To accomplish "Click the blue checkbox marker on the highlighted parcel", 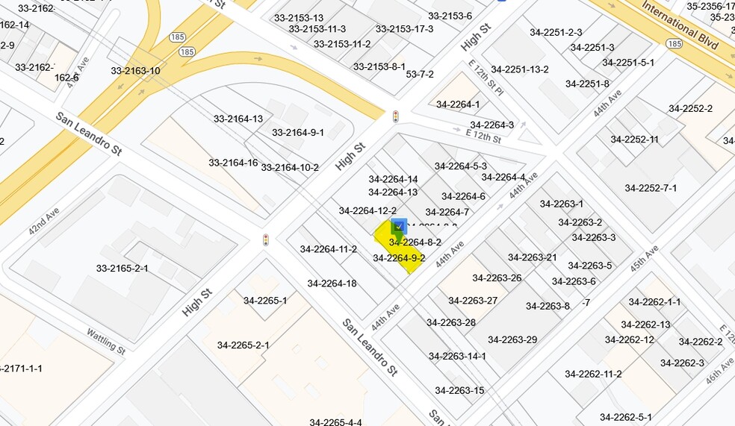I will point(399,226).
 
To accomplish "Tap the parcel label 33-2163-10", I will point(135,72).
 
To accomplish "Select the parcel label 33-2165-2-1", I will point(122,269).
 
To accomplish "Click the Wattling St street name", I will point(105,341).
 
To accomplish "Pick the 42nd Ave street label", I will point(43,222).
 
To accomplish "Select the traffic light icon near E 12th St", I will point(395,116).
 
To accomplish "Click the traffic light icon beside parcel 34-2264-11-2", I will point(265,239).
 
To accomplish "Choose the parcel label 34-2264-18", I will point(332,284).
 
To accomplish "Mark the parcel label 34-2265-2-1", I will point(244,345).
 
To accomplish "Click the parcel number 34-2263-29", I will point(512,340).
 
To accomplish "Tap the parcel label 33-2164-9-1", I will point(297,133).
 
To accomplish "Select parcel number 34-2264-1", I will point(458,104).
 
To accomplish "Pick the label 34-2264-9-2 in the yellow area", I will point(399,259).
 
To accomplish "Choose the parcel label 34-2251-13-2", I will point(520,70).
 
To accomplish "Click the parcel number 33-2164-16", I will point(233,163).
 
